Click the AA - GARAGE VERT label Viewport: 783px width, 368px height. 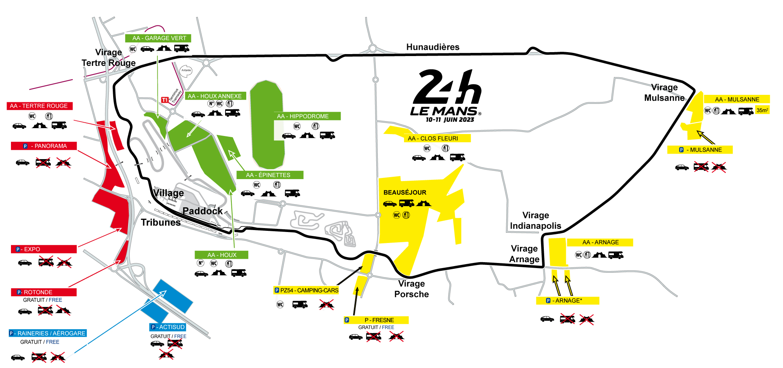pos(158,38)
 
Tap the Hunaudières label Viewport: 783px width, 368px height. pos(433,47)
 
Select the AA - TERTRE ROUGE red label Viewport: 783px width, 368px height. pos(40,106)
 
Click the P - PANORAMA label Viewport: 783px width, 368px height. pos(44,146)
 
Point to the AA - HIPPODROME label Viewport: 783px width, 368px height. pos(307,116)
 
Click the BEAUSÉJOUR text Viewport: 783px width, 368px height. pos(405,192)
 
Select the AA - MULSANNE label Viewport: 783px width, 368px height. pos(737,99)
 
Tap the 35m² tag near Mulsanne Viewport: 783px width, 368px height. pos(762,110)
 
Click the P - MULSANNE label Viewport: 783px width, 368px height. pos(700,150)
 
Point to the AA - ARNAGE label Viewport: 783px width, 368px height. pos(600,242)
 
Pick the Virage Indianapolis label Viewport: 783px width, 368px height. pos(535,221)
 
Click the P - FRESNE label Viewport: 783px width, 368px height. pos(376,320)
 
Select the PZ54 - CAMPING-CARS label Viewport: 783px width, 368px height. pos(306,290)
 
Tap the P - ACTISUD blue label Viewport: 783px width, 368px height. pos(168,327)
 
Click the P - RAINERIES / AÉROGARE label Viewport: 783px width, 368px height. pos(47,333)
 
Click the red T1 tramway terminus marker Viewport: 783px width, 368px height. pos(165,100)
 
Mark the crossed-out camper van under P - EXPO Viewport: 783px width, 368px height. pos(46,261)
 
